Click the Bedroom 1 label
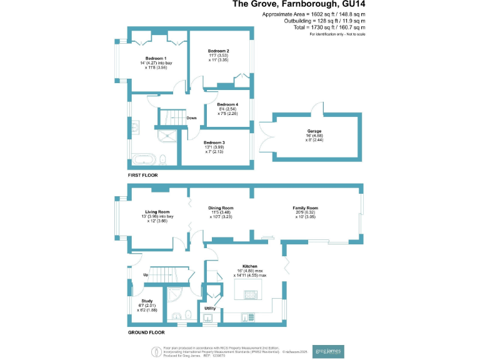pyautogui.click(x=152, y=58)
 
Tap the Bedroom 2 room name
pyautogui.click(x=219, y=51)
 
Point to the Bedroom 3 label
pyautogui.click(x=214, y=142)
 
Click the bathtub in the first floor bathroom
pyautogui.click(x=145, y=158)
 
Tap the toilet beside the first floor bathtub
pyautogui.click(x=162, y=159)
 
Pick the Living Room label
pyautogui.click(x=157, y=212)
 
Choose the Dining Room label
pyautogui.click(x=221, y=208)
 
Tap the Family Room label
pyautogui.click(x=306, y=208)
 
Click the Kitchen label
pyautogui.click(x=250, y=266)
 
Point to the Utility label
pyautogui.click(x=210, y=308)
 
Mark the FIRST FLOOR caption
pyautogui.click(x=143, y=176)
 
